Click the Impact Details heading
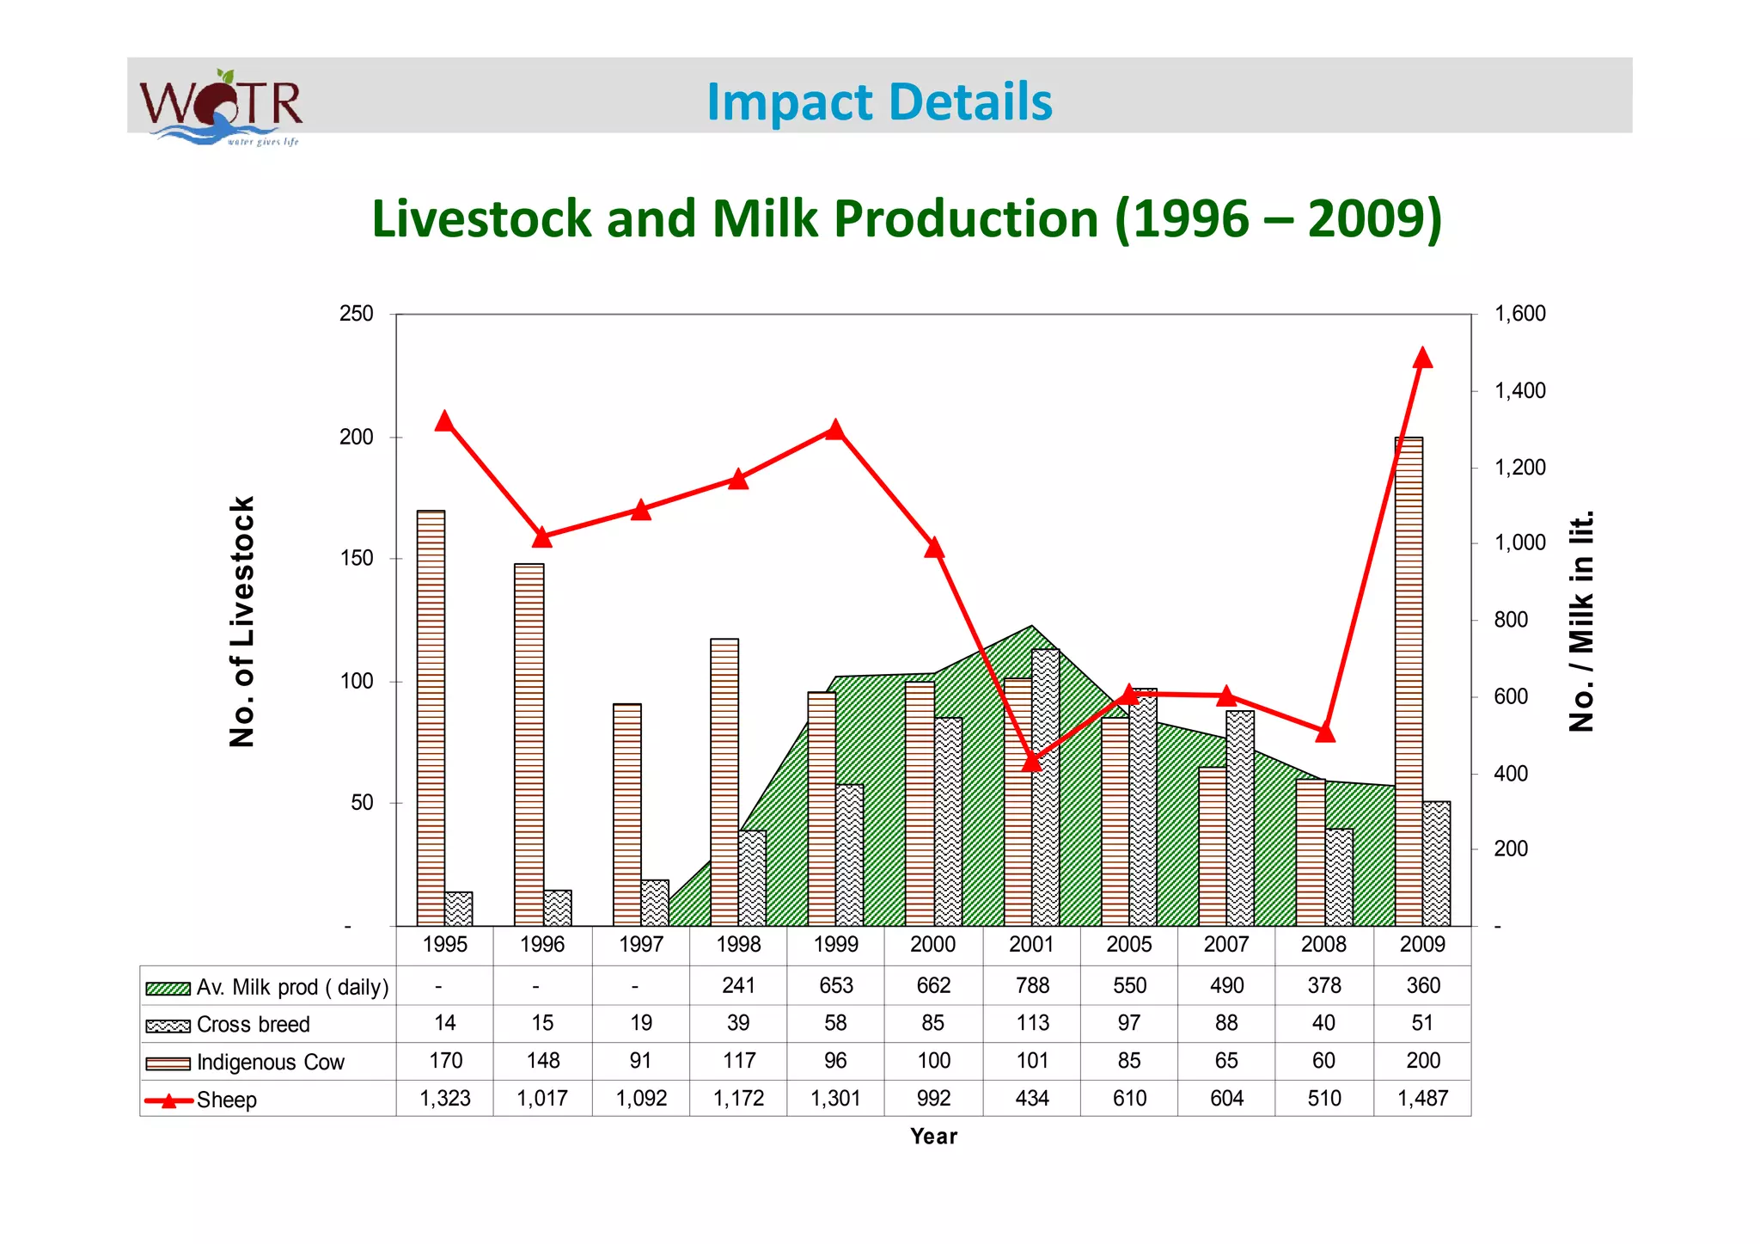878,101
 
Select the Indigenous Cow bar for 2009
1409,679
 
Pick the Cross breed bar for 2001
1045,787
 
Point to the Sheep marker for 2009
1422,358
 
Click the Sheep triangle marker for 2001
1032,762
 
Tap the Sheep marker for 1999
835,429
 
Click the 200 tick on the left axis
356,437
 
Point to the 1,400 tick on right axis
1519,391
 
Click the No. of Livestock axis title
242,621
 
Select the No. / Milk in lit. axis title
1581,621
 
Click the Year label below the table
933,1137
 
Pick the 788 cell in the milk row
1032,985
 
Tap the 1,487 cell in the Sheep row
1422,1098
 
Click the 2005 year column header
1128,944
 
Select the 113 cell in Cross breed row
1032,1023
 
